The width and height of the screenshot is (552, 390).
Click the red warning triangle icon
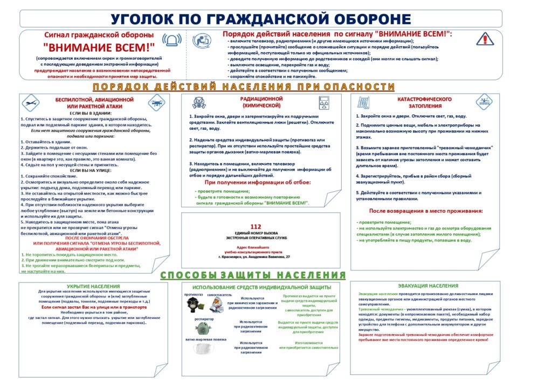click(485, 39)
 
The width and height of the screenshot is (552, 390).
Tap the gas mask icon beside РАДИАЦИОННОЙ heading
click(198, 102)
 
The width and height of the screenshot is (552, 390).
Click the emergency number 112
click(256, 227)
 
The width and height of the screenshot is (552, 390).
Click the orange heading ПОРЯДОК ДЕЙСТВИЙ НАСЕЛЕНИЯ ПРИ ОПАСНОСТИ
click(244, 87)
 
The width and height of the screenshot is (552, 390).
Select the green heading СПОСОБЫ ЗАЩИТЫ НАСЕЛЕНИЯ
click(253, 275)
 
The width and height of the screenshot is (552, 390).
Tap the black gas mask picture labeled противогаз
click(192, 304)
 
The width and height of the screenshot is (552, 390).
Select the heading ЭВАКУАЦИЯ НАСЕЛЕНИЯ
click(428, 285)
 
